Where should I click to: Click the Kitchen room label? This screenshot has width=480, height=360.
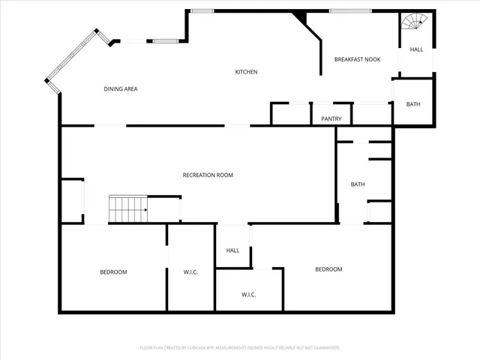click(x=246, y=72)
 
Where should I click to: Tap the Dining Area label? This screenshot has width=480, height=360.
click(x=120, y=89)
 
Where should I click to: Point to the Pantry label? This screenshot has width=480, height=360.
click(x=331, y=118)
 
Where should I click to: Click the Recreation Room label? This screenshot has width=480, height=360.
click(x=208, y=175)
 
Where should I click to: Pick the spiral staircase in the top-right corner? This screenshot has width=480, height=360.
click(x=415, y=24)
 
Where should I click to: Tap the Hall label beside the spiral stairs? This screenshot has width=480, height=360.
click(x=415, y=49)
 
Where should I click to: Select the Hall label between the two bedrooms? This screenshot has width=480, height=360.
click(x=232, y=250)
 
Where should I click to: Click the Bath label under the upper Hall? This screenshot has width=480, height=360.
click(x=413, y=104)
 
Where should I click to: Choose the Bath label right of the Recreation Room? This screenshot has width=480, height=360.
click(x=358, y=184)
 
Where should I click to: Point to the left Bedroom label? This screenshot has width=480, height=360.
click(x=113, y=271)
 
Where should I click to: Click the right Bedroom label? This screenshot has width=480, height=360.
click(x=328, y=269)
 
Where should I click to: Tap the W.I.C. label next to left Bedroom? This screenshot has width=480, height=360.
click(x=190, y=271)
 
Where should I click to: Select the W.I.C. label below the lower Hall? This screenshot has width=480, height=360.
click(x=249, y=295)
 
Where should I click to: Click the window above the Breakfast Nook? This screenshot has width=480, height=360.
click(x=346, y=10)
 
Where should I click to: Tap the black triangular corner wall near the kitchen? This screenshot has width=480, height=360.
click(x=301, y=17)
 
